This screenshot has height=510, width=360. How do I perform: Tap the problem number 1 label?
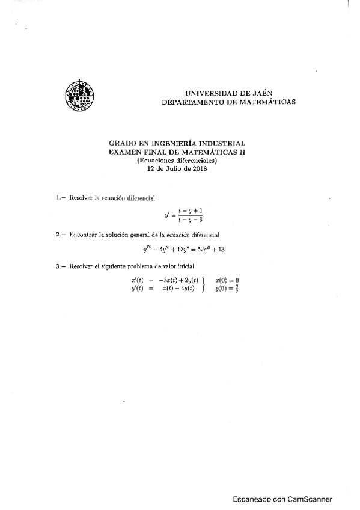[x=59, y=197]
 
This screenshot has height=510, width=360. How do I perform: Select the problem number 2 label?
[x=59, y=234]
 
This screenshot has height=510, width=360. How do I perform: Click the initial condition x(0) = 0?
[x=228, y=280]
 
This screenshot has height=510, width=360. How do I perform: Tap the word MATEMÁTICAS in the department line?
[x=264, y=102]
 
